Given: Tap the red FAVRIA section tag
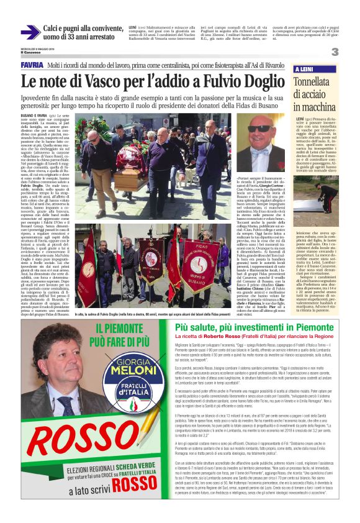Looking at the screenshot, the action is click(x=32, y=65).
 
